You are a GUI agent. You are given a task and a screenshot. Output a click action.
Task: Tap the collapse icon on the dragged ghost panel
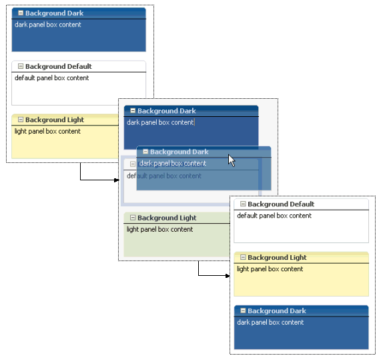point(145,152)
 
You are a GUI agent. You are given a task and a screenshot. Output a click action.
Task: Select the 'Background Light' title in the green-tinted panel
point(167,218)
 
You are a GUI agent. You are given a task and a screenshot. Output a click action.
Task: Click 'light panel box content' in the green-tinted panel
point(159,229)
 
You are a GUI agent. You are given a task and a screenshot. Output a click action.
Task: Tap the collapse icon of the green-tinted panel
point(133,218)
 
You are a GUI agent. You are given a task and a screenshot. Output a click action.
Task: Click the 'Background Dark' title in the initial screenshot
point(54,13)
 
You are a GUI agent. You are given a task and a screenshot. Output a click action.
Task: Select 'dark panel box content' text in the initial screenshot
point(48,25)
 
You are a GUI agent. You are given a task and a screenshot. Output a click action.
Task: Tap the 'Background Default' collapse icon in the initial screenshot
point(21,66)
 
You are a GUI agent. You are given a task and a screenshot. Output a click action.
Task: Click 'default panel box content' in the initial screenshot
point(52,78)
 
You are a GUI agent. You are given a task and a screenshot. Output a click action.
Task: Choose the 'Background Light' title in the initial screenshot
point(55,120)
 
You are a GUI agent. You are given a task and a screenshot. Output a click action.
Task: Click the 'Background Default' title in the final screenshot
point(281,204)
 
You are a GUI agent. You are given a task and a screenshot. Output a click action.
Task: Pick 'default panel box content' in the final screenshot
point(274,216)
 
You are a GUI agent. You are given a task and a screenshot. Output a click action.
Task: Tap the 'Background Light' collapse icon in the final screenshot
point(243,257)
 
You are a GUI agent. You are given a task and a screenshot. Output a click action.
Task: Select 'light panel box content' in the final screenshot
point(270,269)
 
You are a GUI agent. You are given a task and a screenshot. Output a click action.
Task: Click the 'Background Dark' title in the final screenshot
point(277,311)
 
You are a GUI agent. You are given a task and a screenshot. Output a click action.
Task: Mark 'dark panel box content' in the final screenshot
point(270,322)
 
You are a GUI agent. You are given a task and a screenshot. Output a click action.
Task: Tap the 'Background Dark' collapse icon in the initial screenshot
point(21,13)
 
